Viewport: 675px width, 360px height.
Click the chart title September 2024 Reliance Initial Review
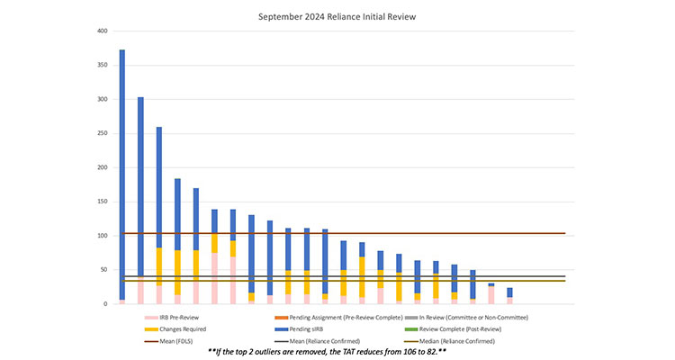click(337, 15)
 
